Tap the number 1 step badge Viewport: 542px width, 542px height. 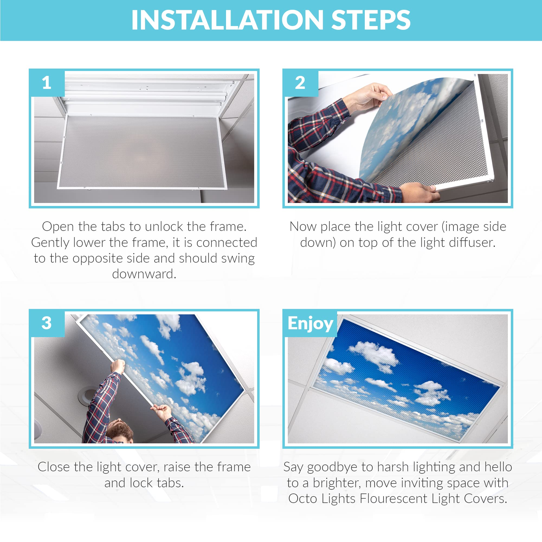pos(47,83)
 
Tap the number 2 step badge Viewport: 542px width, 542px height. pos(300,83)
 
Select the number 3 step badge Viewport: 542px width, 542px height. pos(47,323)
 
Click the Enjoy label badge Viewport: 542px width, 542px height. pos(310,324)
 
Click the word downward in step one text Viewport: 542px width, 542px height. pos(144,274)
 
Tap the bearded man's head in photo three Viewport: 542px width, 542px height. pos(120,431)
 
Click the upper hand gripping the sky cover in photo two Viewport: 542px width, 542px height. pos(370,96)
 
